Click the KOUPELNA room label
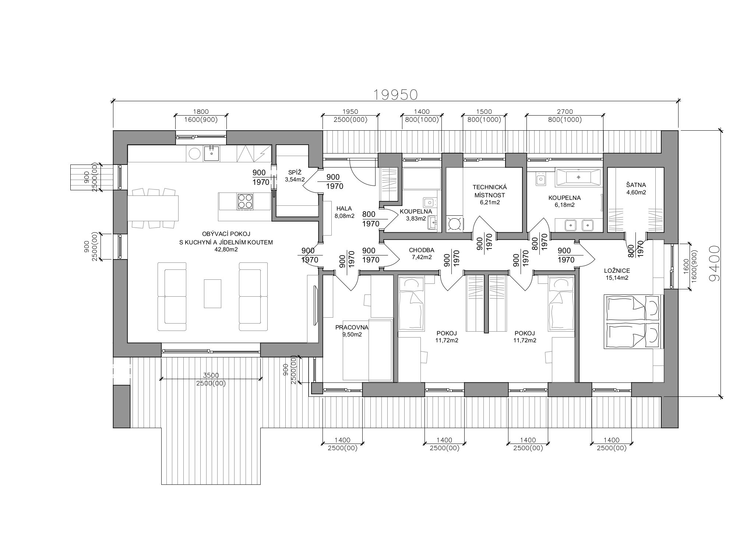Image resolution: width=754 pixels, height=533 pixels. click(564, 198)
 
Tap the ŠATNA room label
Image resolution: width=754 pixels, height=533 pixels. click(636, 185)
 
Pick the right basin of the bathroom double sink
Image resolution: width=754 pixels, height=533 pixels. click(588, 225)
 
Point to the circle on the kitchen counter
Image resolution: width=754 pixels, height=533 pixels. click(195, 153)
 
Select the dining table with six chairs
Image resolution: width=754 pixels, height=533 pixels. click(153, 208)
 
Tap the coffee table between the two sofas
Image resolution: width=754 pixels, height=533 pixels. click(212, 293)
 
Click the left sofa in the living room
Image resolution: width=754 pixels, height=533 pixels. click(172, 296)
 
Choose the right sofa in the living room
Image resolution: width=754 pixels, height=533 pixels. click(253, 296)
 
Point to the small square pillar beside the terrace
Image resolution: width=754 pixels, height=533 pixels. click(317, 388)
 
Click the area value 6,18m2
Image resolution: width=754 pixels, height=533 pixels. click(564, 205)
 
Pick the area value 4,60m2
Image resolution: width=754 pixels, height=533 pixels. click(636, 192)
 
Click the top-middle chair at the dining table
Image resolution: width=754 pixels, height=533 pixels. click(153, 192)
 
